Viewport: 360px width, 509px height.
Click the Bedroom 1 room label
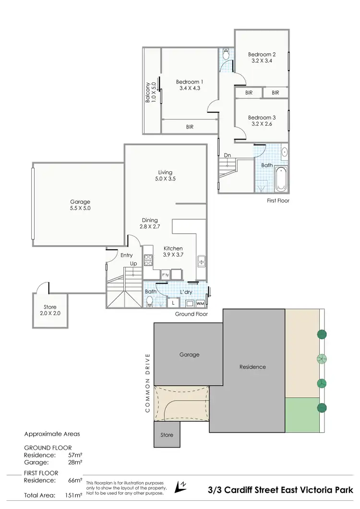(x=189, y=82)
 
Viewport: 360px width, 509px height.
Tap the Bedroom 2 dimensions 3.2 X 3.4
(x=262, y=61)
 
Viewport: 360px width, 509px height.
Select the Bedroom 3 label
(x=262, y=118)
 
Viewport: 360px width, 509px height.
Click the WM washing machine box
(x=200, y=304)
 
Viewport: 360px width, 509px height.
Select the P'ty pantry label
(x=166, y=275)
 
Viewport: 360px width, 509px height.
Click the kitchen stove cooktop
(x=148, y=260)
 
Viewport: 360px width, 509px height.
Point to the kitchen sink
(x=201, y=261)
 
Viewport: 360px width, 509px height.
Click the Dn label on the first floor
(x=228, y=155)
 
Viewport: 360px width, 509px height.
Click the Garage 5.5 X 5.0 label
(x=79, y=205)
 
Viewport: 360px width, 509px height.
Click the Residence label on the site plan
(x=252, y=367)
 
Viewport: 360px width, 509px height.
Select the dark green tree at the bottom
(x=321, y=408)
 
